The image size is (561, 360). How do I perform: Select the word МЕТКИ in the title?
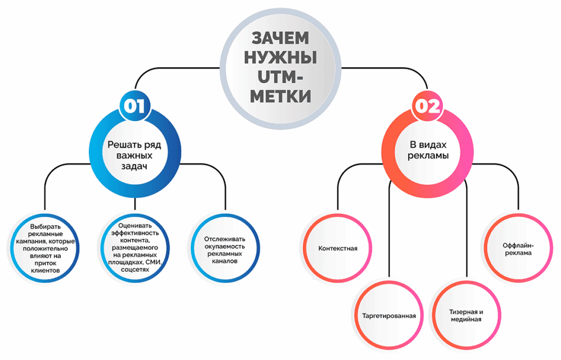pos(280,96)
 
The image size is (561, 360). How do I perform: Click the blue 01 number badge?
pos(134,106)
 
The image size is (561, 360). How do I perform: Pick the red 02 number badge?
pos(426,106)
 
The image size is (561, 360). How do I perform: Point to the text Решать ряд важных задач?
pos(134,156)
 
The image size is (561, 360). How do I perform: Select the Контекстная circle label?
pos(338,248)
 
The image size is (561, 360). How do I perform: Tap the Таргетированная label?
pos(389,316)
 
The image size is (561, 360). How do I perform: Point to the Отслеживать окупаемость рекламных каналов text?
pos(225,250)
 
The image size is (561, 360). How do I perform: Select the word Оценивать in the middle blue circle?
pos(134,225)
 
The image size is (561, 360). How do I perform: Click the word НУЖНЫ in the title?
pos(280,58)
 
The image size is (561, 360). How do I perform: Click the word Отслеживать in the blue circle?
pos(225,239)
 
